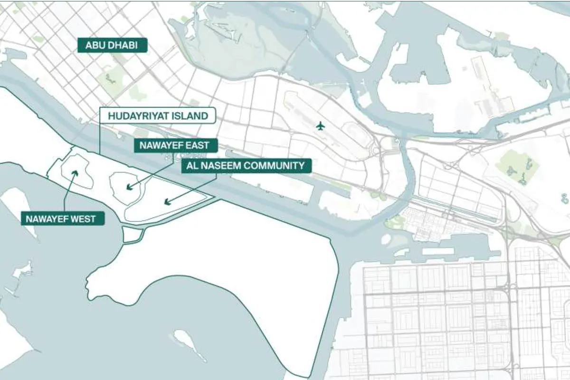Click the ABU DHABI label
[113, 46]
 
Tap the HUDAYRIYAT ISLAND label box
[158, 116]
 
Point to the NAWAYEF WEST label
[62, 219]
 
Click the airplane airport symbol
[321, 126]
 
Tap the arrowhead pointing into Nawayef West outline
[74, 172]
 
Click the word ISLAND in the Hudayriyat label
[191, 116]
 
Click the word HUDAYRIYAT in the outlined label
[139, 116]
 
